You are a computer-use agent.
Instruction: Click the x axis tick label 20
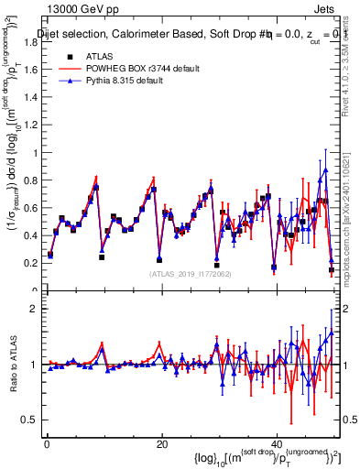161,444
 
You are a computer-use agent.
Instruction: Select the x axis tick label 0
47,444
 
